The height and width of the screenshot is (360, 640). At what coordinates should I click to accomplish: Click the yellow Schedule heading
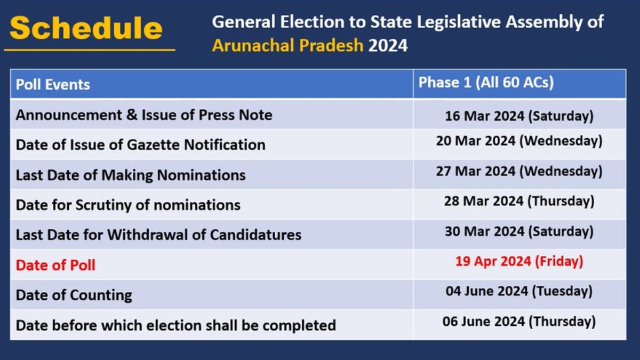point(86,28)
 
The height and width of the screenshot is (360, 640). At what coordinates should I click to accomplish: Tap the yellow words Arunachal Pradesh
point(287,46)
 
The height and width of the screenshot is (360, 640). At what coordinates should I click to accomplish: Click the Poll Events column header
point(53,85)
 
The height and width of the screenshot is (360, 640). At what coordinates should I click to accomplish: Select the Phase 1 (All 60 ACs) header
point(486,83)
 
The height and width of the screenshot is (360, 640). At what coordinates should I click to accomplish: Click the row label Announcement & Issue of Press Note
point(144,115)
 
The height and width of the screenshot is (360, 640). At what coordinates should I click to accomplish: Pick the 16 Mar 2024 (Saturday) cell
point(519,116)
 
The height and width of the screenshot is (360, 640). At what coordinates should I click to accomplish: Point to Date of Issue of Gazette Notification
point(141,145)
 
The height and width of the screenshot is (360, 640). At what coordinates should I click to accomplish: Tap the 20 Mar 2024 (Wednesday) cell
point(519,141)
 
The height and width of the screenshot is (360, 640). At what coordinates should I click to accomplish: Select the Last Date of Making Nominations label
point(131,175)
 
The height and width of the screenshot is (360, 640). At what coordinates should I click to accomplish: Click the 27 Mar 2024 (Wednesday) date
point(519,171)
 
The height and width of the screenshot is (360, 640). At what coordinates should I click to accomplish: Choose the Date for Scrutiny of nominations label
point(128,205)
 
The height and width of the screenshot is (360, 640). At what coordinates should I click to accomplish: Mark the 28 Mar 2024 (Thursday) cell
point(519,202)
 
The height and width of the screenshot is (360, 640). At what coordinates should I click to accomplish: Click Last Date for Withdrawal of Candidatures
point(158,235)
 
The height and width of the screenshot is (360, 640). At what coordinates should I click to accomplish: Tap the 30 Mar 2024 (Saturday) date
point(519,231)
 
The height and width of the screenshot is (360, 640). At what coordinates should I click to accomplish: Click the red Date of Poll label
point(55,265)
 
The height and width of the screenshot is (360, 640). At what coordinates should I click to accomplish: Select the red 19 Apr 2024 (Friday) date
point(519,262)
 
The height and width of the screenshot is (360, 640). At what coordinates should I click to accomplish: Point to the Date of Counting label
point(74,295)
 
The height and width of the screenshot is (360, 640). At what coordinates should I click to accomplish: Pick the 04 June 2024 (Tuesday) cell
point(519,292)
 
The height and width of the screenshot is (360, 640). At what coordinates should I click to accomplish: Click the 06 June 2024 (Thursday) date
point(519,322)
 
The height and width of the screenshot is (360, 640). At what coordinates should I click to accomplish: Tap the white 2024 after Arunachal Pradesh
point(388,46)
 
